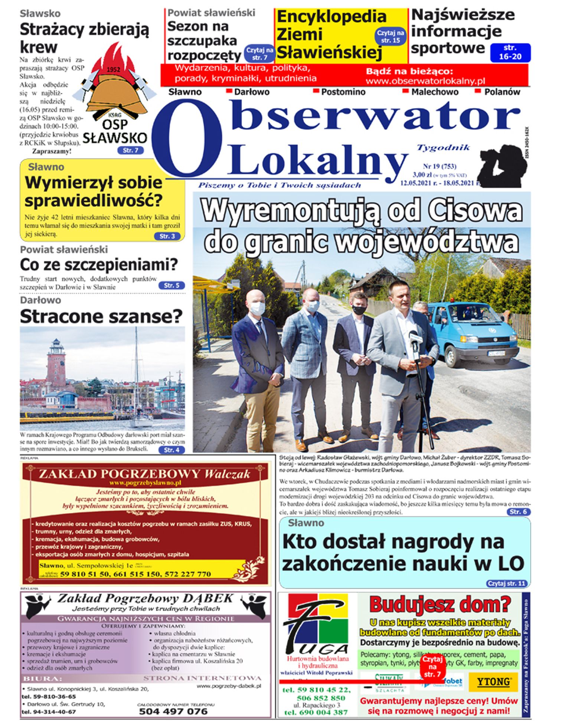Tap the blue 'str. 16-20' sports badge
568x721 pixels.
(x=510, y=52)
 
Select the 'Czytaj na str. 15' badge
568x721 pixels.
(x=391, y=36)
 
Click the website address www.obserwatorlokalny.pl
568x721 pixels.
(x=425, y=81)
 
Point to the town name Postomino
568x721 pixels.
(x=343, y=92)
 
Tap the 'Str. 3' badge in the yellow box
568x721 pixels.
(x=167, y=236)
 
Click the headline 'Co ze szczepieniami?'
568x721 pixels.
(x=99, y=265)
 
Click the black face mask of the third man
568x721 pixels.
(x=359, y=310)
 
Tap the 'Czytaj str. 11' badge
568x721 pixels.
(x=507, y=583)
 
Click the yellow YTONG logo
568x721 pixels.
(x=493, y=682)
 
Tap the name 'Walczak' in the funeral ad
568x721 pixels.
(x=227, y=474)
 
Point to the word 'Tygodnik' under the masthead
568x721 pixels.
(x=443, y=148)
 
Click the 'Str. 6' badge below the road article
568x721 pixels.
(x=518, y=512)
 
